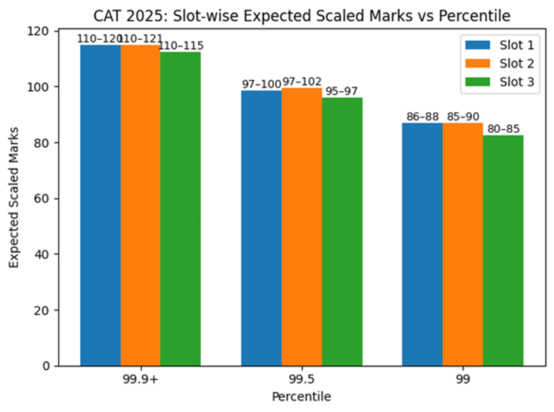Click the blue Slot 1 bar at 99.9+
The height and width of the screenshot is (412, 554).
pos(100,205)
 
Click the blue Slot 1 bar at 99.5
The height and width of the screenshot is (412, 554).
pos(261,228)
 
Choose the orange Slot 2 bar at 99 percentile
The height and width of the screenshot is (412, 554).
pos(463,244)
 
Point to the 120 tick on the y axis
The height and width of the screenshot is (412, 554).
pos(44,31)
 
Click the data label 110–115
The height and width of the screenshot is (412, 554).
pos(181,46)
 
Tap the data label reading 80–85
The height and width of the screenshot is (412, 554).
pos(503,129)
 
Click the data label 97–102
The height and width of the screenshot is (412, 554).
pos(301,82)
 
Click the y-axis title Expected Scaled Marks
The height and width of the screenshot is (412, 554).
pos(14,198)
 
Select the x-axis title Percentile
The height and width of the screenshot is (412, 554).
pos(301,397)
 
